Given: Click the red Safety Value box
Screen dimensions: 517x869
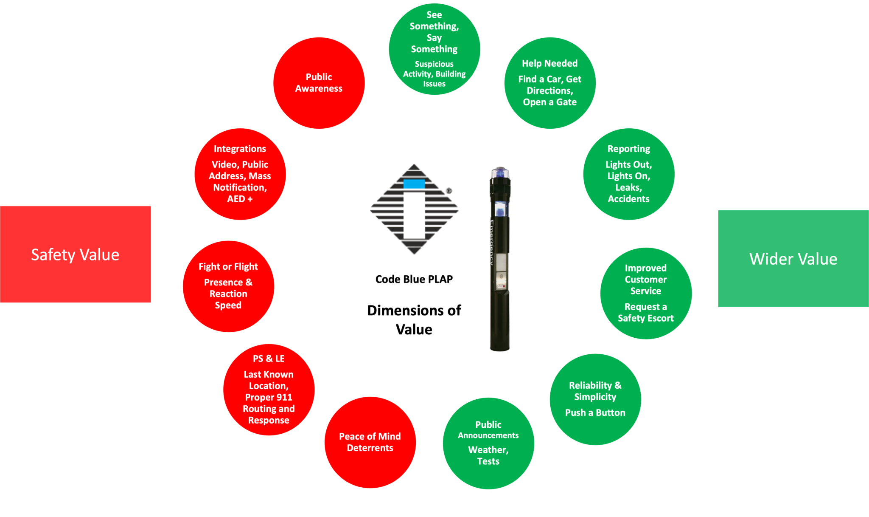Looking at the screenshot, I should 75,254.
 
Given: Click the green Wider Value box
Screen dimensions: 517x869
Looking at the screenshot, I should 793,258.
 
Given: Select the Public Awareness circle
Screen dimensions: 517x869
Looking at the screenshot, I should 319,83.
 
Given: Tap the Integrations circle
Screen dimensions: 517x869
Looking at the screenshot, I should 240,174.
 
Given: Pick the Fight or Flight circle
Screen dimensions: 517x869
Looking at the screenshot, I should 228,286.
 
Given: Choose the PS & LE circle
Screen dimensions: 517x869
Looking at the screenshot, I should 269,389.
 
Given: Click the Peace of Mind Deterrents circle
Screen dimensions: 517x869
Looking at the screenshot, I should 370,442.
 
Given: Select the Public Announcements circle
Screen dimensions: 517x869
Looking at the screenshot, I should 488,443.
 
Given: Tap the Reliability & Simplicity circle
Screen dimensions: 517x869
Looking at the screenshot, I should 595,399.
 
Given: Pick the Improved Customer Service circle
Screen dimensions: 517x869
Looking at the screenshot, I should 646,293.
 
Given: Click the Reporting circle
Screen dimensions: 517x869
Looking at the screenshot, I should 629,174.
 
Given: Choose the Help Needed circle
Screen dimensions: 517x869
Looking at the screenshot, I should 550,83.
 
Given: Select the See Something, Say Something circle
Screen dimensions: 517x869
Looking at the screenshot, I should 434,49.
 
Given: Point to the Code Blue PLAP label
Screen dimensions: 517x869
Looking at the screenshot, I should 414,279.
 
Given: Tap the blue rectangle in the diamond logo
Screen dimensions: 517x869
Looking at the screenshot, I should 414,184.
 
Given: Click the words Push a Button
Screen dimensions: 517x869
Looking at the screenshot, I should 595,412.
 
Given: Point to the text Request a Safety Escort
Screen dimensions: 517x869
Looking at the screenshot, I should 646,312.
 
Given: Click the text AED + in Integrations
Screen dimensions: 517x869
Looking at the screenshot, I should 240,199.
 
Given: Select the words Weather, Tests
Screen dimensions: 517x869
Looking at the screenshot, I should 488,455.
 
